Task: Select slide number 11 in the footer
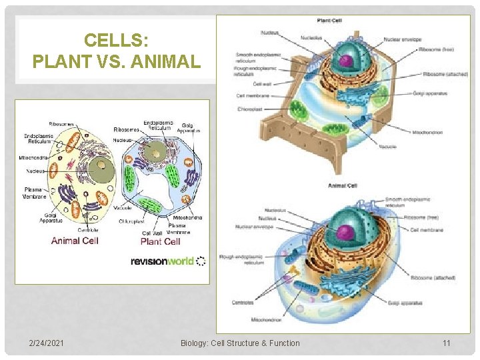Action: click(x=446, y=343)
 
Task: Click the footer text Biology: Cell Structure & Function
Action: click(x=240, y=343)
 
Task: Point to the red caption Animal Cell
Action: click(x=75, y=241)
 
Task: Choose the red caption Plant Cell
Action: click(x=161, y=241)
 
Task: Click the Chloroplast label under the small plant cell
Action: click(x=133, y=221)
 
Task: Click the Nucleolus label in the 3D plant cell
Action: click(x=311, y=38)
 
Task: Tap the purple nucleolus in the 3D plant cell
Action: click(x=345, y=61)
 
